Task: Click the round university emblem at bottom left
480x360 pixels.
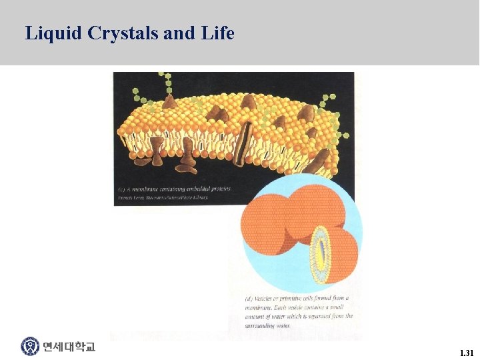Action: pyautogui.click(x=30, y=347)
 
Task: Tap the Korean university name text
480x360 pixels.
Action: pyautogui.click(x=69, y=347)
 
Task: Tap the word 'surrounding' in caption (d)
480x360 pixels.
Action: pyautogui.click(x=262, y=325)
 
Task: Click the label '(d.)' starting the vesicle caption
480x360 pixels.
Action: pyautogui.click(x=249, y=298)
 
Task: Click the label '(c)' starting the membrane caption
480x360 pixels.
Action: pyautogui.click(x=120, y=189)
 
